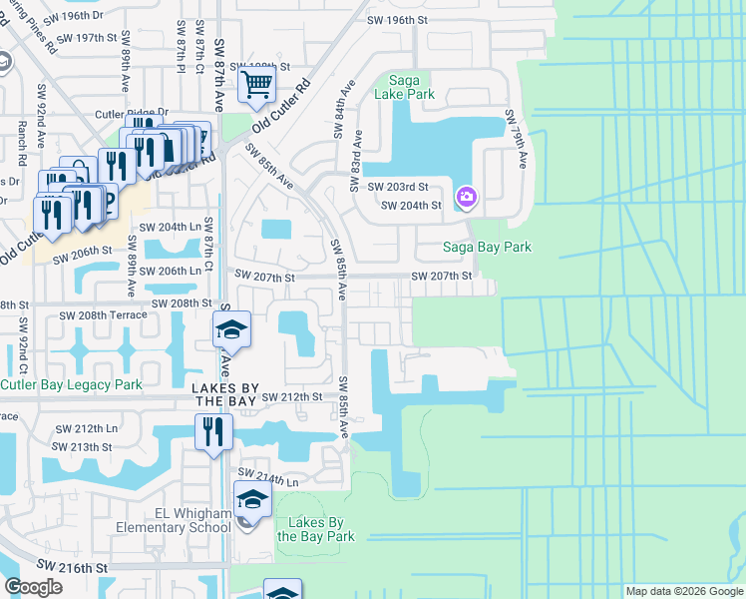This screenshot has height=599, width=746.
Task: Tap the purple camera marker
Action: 466,197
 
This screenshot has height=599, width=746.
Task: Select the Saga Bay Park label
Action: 488,247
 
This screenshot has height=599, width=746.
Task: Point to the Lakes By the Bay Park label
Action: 315,529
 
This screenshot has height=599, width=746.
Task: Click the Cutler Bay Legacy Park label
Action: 71,384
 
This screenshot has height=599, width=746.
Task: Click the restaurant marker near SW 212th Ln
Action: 213,432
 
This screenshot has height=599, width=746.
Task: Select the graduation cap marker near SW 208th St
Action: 231,328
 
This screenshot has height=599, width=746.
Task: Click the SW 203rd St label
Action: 397,187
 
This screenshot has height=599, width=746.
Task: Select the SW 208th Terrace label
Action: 103,314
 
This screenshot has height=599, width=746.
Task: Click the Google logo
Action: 33,587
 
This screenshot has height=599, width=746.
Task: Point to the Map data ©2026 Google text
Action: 683,591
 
